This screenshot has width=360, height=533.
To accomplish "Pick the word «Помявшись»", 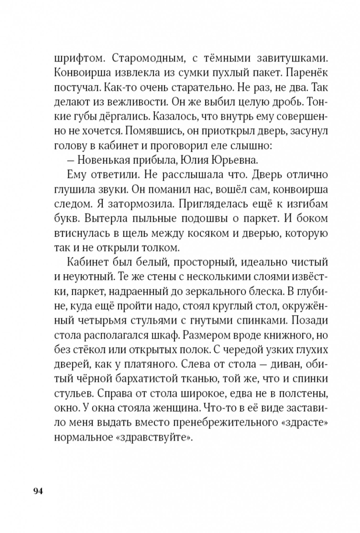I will coord(152,131).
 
